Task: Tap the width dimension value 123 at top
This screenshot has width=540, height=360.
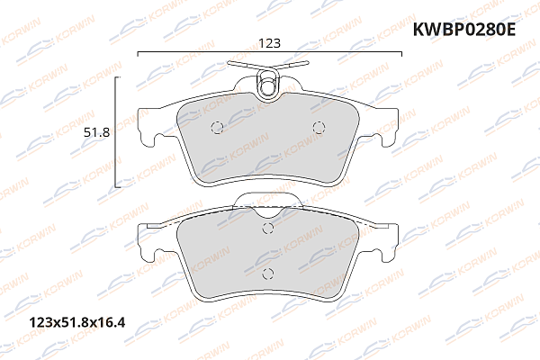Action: pos(269,40)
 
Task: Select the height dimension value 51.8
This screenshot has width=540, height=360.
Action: pos(96,132)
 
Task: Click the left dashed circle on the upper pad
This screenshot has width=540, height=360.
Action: pos(214,127)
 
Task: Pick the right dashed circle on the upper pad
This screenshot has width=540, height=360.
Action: pos(317,127)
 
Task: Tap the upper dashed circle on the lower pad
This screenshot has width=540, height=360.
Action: pos(266,229)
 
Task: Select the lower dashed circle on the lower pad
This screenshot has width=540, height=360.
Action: pos(266,273)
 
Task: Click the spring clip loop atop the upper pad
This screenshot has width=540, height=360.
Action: pos(267,85)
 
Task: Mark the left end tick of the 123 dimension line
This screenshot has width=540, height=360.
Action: pos(137,54)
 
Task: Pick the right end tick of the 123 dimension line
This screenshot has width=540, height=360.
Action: pos(401,54)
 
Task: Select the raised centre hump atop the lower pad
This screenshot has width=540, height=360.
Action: pos(266,203)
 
